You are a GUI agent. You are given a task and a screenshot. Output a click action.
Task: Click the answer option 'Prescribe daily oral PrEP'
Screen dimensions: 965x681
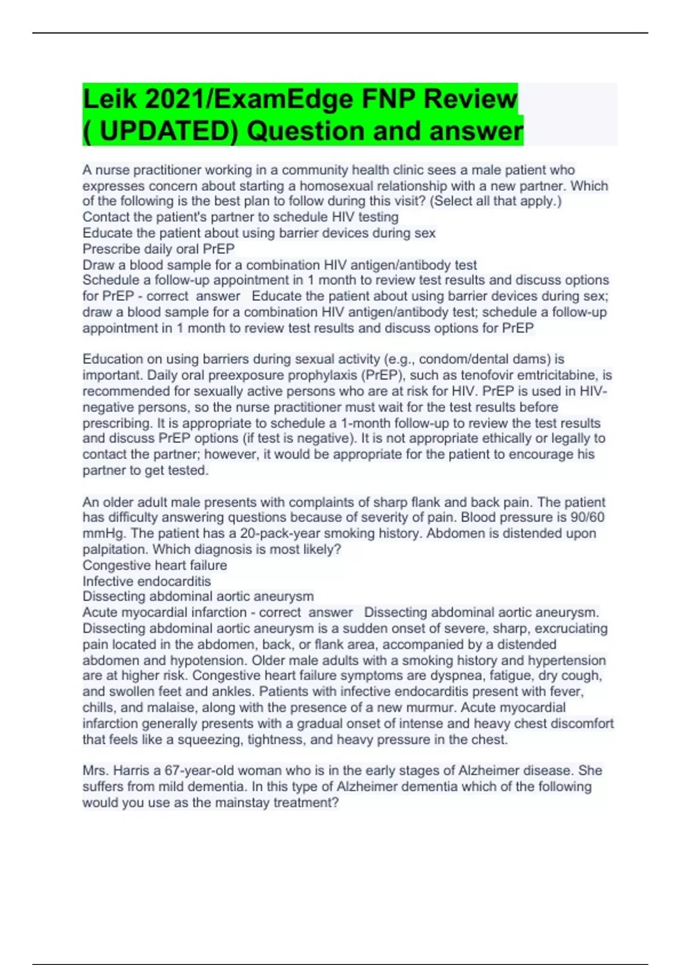pyautogui.click(x=158, y=249)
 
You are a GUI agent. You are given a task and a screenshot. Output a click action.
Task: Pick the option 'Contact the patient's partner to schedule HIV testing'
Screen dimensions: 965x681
pyautogui.click(x=241, y=217)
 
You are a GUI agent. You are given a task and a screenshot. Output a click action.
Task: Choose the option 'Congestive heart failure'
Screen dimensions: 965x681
pyautogui.click(x=154, y=565)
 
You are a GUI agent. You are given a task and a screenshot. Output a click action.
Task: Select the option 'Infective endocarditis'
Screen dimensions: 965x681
pyautogui.click(x=146, y=581)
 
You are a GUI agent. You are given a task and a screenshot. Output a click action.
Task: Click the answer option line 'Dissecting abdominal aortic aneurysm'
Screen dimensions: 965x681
pyautogui.click(x=198, y=597)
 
